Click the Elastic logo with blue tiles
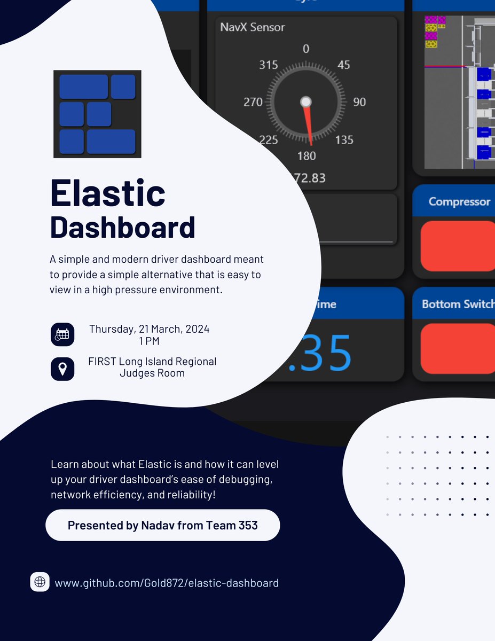[x=97, y=114]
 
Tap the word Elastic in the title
[x=107, y=193]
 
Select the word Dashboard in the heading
[x=122, y=228]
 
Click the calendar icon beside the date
[x=62, y=334]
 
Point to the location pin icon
[x=62, y=369]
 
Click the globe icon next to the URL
[x=40, y=582]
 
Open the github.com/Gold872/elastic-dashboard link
[x=167, y=583]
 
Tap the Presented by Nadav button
[x=162, y=525]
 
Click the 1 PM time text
[x=149, y=341]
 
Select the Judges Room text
[x=152, y=373]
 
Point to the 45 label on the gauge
[x=344, y=65]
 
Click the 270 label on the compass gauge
[x=253, y=101]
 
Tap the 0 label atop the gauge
[x=306, y=49]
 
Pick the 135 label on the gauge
[x=344, y=140]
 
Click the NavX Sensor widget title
[x=253, y=27]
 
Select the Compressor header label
[x=459, y=201]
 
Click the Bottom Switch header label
[x=458, y=304]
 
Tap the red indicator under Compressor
[x=458, y=246]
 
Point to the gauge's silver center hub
[x=305, y=101]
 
